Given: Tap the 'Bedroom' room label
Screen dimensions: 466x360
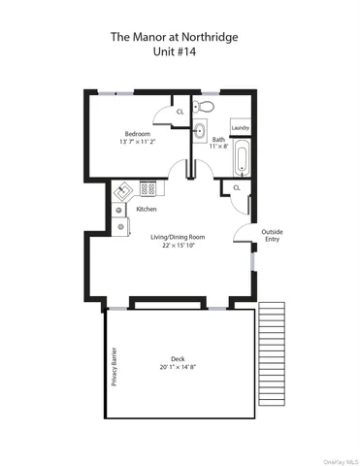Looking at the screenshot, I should click(x=137, y=133).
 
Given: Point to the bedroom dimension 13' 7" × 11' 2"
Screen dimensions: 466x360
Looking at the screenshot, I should click(x=137, y=143).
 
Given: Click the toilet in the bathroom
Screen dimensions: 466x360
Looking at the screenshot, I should click(x=205, y=107).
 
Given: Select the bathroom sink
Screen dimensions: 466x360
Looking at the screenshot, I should click(x=200, y=131).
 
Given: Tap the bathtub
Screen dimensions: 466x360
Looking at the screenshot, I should click(x=240, y=156).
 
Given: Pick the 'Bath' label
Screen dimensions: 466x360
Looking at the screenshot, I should click(x=218, y=140).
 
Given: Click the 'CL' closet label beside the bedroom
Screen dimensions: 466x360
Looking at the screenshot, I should click(x=180, y=113).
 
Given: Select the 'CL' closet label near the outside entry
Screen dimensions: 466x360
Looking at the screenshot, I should click(x=237, y=187).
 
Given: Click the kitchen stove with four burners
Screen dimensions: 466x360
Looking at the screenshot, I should click(x=148, y=188).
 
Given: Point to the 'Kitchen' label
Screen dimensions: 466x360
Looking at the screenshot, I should click(x=147, y=209).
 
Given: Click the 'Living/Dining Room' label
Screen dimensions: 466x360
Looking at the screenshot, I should click(x=177, y=236).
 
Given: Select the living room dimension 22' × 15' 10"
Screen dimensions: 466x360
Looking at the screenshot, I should click(x=177, y=246).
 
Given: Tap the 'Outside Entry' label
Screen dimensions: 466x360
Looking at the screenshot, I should click(x=272, y=235).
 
